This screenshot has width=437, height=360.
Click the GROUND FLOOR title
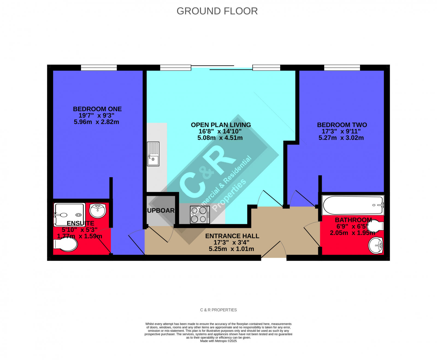pos(217,11)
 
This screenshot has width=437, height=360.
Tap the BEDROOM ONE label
pos(97,109)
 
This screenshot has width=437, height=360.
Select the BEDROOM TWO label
pos(342,125)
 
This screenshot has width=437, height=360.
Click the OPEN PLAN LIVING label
pos(221,125)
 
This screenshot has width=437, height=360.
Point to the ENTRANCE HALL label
pos(232,236)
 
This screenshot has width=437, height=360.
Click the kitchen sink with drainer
pos(153,154)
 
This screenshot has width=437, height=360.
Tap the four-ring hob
pos(200,215)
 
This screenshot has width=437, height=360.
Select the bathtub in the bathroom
pos(353,205)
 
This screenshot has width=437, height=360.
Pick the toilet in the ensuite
pos(66,244)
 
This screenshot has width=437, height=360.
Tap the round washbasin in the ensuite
pos(98,211)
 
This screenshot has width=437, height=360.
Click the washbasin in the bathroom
pos(376,245)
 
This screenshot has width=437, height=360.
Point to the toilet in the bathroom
pos(375,226)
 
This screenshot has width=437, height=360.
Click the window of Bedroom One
pos(99,67)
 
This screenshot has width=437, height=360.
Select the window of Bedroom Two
pos(342,67)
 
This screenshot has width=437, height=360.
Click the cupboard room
pos(161,211)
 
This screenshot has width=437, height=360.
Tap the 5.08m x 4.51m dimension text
pos(220,138)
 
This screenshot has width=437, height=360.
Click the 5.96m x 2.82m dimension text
pos(96,122)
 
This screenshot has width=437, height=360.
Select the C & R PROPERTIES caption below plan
pos(218,310)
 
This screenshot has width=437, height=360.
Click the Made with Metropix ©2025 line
pos(218,341)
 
